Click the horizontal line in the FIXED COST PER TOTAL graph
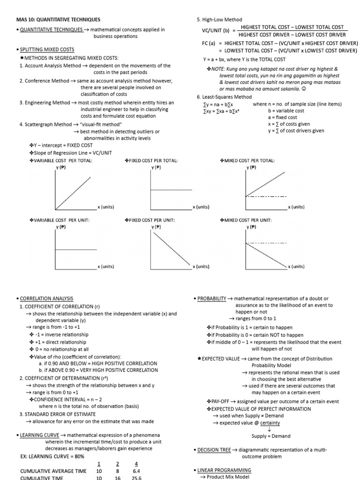(171, 190)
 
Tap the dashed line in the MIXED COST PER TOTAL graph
(267, 196)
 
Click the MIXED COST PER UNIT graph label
(248, 220)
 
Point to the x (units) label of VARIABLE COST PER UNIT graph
(106, 266)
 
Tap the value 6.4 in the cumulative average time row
(136, 471)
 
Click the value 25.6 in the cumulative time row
(136, 478)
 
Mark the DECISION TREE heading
(214, 450)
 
